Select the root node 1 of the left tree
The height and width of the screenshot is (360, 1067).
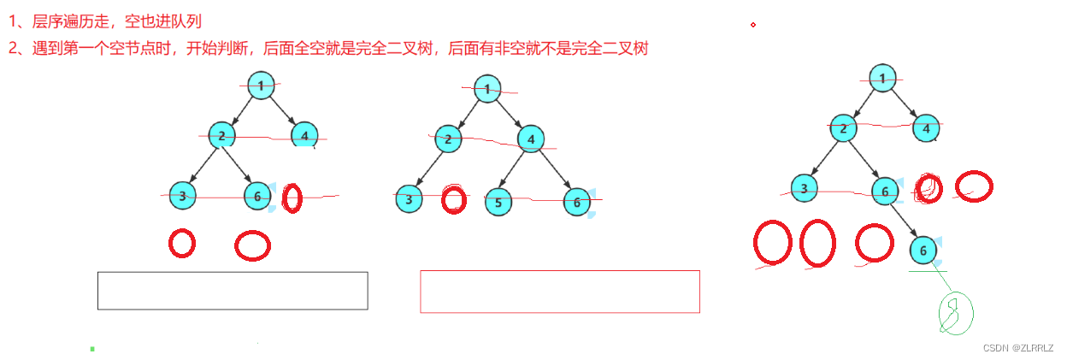(260, 85)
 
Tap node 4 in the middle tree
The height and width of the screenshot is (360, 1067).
(531, 139)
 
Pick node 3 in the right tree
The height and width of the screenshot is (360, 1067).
(805, 188)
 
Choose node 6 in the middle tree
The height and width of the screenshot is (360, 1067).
(577, 202)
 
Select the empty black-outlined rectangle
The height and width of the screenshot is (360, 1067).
(233, 291)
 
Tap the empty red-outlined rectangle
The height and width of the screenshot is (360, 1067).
(560, 292)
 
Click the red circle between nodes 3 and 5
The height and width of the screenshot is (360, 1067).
(453, 199)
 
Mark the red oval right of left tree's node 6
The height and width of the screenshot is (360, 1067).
(292, 198)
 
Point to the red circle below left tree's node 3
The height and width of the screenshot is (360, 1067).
(181, 243)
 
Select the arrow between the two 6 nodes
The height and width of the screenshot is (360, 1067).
(905, 221)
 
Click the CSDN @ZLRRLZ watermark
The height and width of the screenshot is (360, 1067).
(1017, 348)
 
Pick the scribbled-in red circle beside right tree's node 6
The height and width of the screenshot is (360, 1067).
(928, 187)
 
